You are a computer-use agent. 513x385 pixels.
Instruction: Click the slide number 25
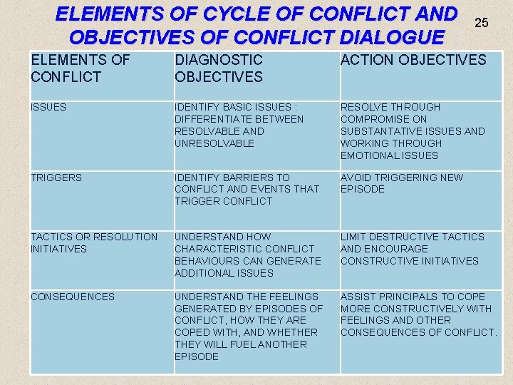(x=482, y=24)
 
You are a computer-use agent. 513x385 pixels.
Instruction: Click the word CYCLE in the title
(x=232, y=14)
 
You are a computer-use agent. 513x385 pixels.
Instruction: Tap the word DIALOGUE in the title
(x=385, y=36)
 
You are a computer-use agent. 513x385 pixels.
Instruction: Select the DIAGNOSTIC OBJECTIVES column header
(x=219, y=68)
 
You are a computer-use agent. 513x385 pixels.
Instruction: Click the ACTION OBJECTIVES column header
(x=413, y=61)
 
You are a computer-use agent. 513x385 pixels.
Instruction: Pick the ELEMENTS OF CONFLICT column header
(x=81, y=68)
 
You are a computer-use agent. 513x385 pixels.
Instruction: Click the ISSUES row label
(x=48, y=107)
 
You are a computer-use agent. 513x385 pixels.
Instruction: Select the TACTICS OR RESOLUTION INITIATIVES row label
(x=94, y=242)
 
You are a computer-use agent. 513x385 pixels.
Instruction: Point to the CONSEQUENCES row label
(x=73, y=297)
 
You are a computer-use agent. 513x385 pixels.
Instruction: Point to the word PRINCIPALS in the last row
(x=406, y=297)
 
